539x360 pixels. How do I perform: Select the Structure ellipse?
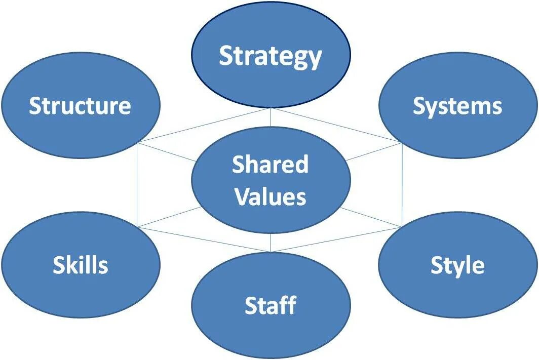[x=80, y=106]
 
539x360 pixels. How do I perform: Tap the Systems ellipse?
[x=457, y=106]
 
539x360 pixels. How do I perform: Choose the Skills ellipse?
[x=80, y=265]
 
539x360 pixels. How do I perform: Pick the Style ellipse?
[x=457, y=265]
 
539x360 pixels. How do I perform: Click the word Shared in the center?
[x=271, y=165]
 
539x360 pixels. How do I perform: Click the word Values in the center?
[x=271, y=197]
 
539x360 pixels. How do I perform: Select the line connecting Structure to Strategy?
[x=203, y=126]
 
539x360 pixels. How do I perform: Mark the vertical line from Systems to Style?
[x=402, y=185]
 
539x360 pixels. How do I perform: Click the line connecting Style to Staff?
[x=337, y=239]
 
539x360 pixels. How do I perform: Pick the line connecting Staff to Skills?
[x=203, y=239]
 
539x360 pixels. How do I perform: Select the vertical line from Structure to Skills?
[x=138, y=185]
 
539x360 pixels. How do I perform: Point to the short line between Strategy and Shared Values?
[x=271, y=117]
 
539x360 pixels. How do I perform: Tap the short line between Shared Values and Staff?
[x=271, y=243]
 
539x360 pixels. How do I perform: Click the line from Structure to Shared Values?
[x=167, y=152]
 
